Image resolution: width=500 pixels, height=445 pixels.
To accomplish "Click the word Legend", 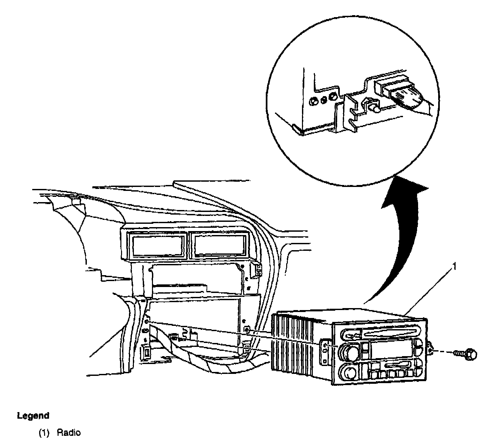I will coord(33,416).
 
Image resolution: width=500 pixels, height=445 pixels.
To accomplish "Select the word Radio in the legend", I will coord(69,432).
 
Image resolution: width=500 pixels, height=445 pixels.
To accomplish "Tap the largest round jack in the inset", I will coord(333,97).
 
